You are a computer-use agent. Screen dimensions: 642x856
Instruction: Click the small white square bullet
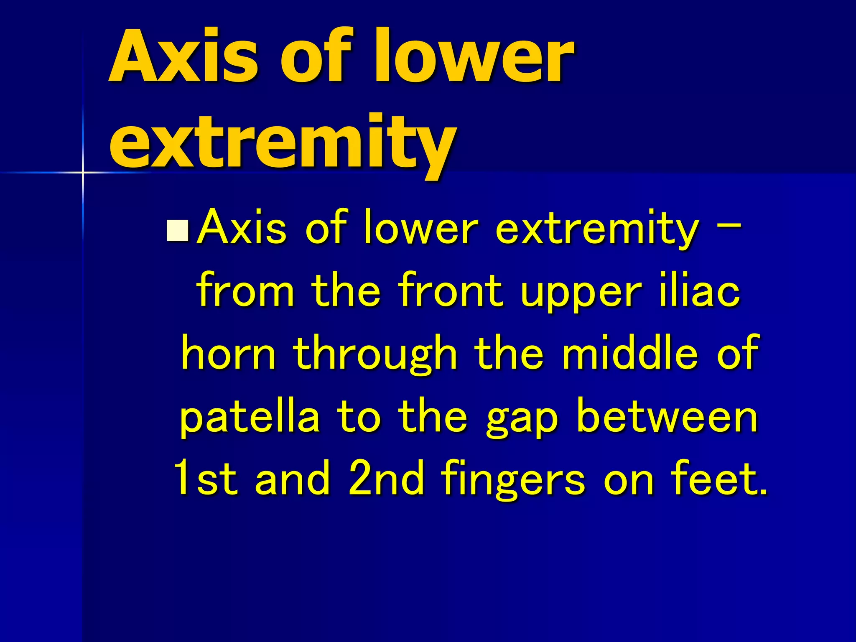(178, 231)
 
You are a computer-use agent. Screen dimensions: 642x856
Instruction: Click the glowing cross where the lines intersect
(83, 172)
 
